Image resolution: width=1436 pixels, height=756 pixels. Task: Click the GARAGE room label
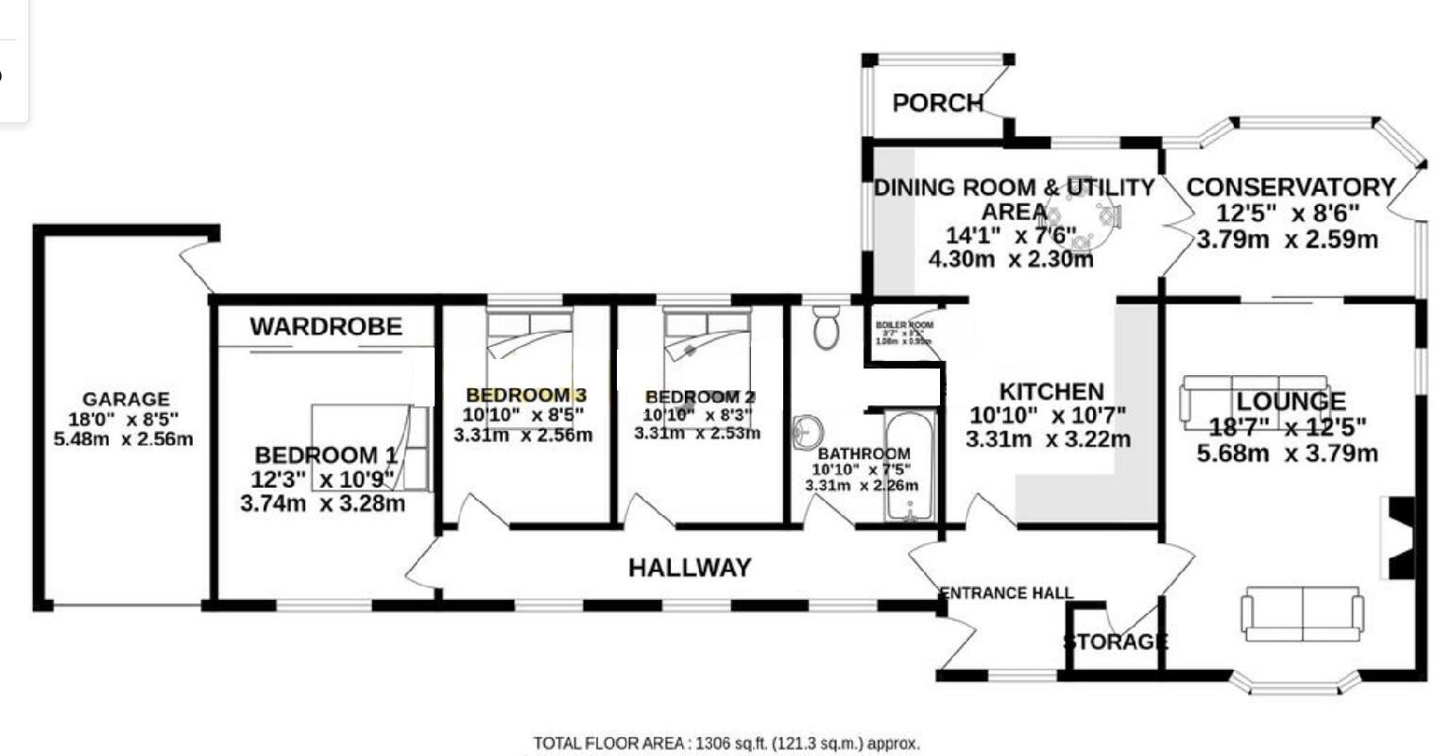pos(126,400)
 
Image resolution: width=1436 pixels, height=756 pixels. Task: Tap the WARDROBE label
pos(326,327)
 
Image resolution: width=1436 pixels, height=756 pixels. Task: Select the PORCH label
pos(938,103)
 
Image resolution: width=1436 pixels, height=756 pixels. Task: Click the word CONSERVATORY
pos(1290,187)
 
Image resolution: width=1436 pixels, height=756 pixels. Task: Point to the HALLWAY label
pos(690,567)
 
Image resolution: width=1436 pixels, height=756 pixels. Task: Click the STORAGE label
pos(1115,643)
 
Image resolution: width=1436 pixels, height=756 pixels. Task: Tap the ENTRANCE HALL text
pos(1006,593)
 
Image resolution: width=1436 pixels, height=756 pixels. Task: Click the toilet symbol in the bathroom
pos(827,326)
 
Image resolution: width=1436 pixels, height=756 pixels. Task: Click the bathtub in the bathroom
pos(911,465)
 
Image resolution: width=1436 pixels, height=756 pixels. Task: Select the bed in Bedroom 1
pos(371,448)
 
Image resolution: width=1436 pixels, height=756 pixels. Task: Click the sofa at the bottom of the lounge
pos(1303,613)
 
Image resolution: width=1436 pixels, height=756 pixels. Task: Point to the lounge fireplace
pos(1398,536)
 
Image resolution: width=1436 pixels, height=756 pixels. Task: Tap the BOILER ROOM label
pos(905,325)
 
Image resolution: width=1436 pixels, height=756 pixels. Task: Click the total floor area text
pos(726,744)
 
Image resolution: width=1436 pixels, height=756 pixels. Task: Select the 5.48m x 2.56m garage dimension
pos(125,439)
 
